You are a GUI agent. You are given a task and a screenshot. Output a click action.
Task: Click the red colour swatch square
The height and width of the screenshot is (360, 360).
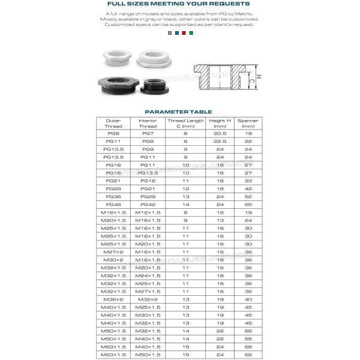coord(184,34)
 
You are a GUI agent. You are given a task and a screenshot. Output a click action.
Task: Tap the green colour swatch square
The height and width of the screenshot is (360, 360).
coord(191,34)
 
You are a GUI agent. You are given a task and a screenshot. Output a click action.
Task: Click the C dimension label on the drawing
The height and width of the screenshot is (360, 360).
coord(252,78)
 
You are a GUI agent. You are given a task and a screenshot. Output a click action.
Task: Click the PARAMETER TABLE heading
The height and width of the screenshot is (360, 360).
coord(180,111)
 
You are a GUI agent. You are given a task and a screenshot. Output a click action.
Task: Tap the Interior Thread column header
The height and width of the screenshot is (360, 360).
coord(148,124)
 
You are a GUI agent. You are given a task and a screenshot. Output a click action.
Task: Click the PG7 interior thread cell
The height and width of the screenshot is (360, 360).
coord(148,134)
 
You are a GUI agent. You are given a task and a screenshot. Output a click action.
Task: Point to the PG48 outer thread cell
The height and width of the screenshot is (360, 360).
coord(113,205)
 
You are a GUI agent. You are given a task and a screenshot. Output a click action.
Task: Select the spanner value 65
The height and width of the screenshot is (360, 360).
coord(248,205)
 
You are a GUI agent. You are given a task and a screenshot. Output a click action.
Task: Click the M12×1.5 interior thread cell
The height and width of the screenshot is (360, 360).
coord(148,212)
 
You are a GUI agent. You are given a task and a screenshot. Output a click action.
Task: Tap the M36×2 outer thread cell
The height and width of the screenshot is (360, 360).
coord(113,299)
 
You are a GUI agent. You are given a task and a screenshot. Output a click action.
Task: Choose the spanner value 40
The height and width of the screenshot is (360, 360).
coord(248,299)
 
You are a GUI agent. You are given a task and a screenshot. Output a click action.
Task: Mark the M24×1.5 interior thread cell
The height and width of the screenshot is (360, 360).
coord(148,275)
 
